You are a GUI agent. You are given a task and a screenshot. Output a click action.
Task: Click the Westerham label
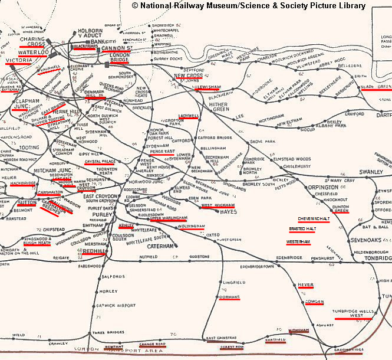point(298,242)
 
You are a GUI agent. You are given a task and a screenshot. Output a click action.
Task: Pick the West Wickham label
point(218,205)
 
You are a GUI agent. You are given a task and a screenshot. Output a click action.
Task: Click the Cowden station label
point(315,302)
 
